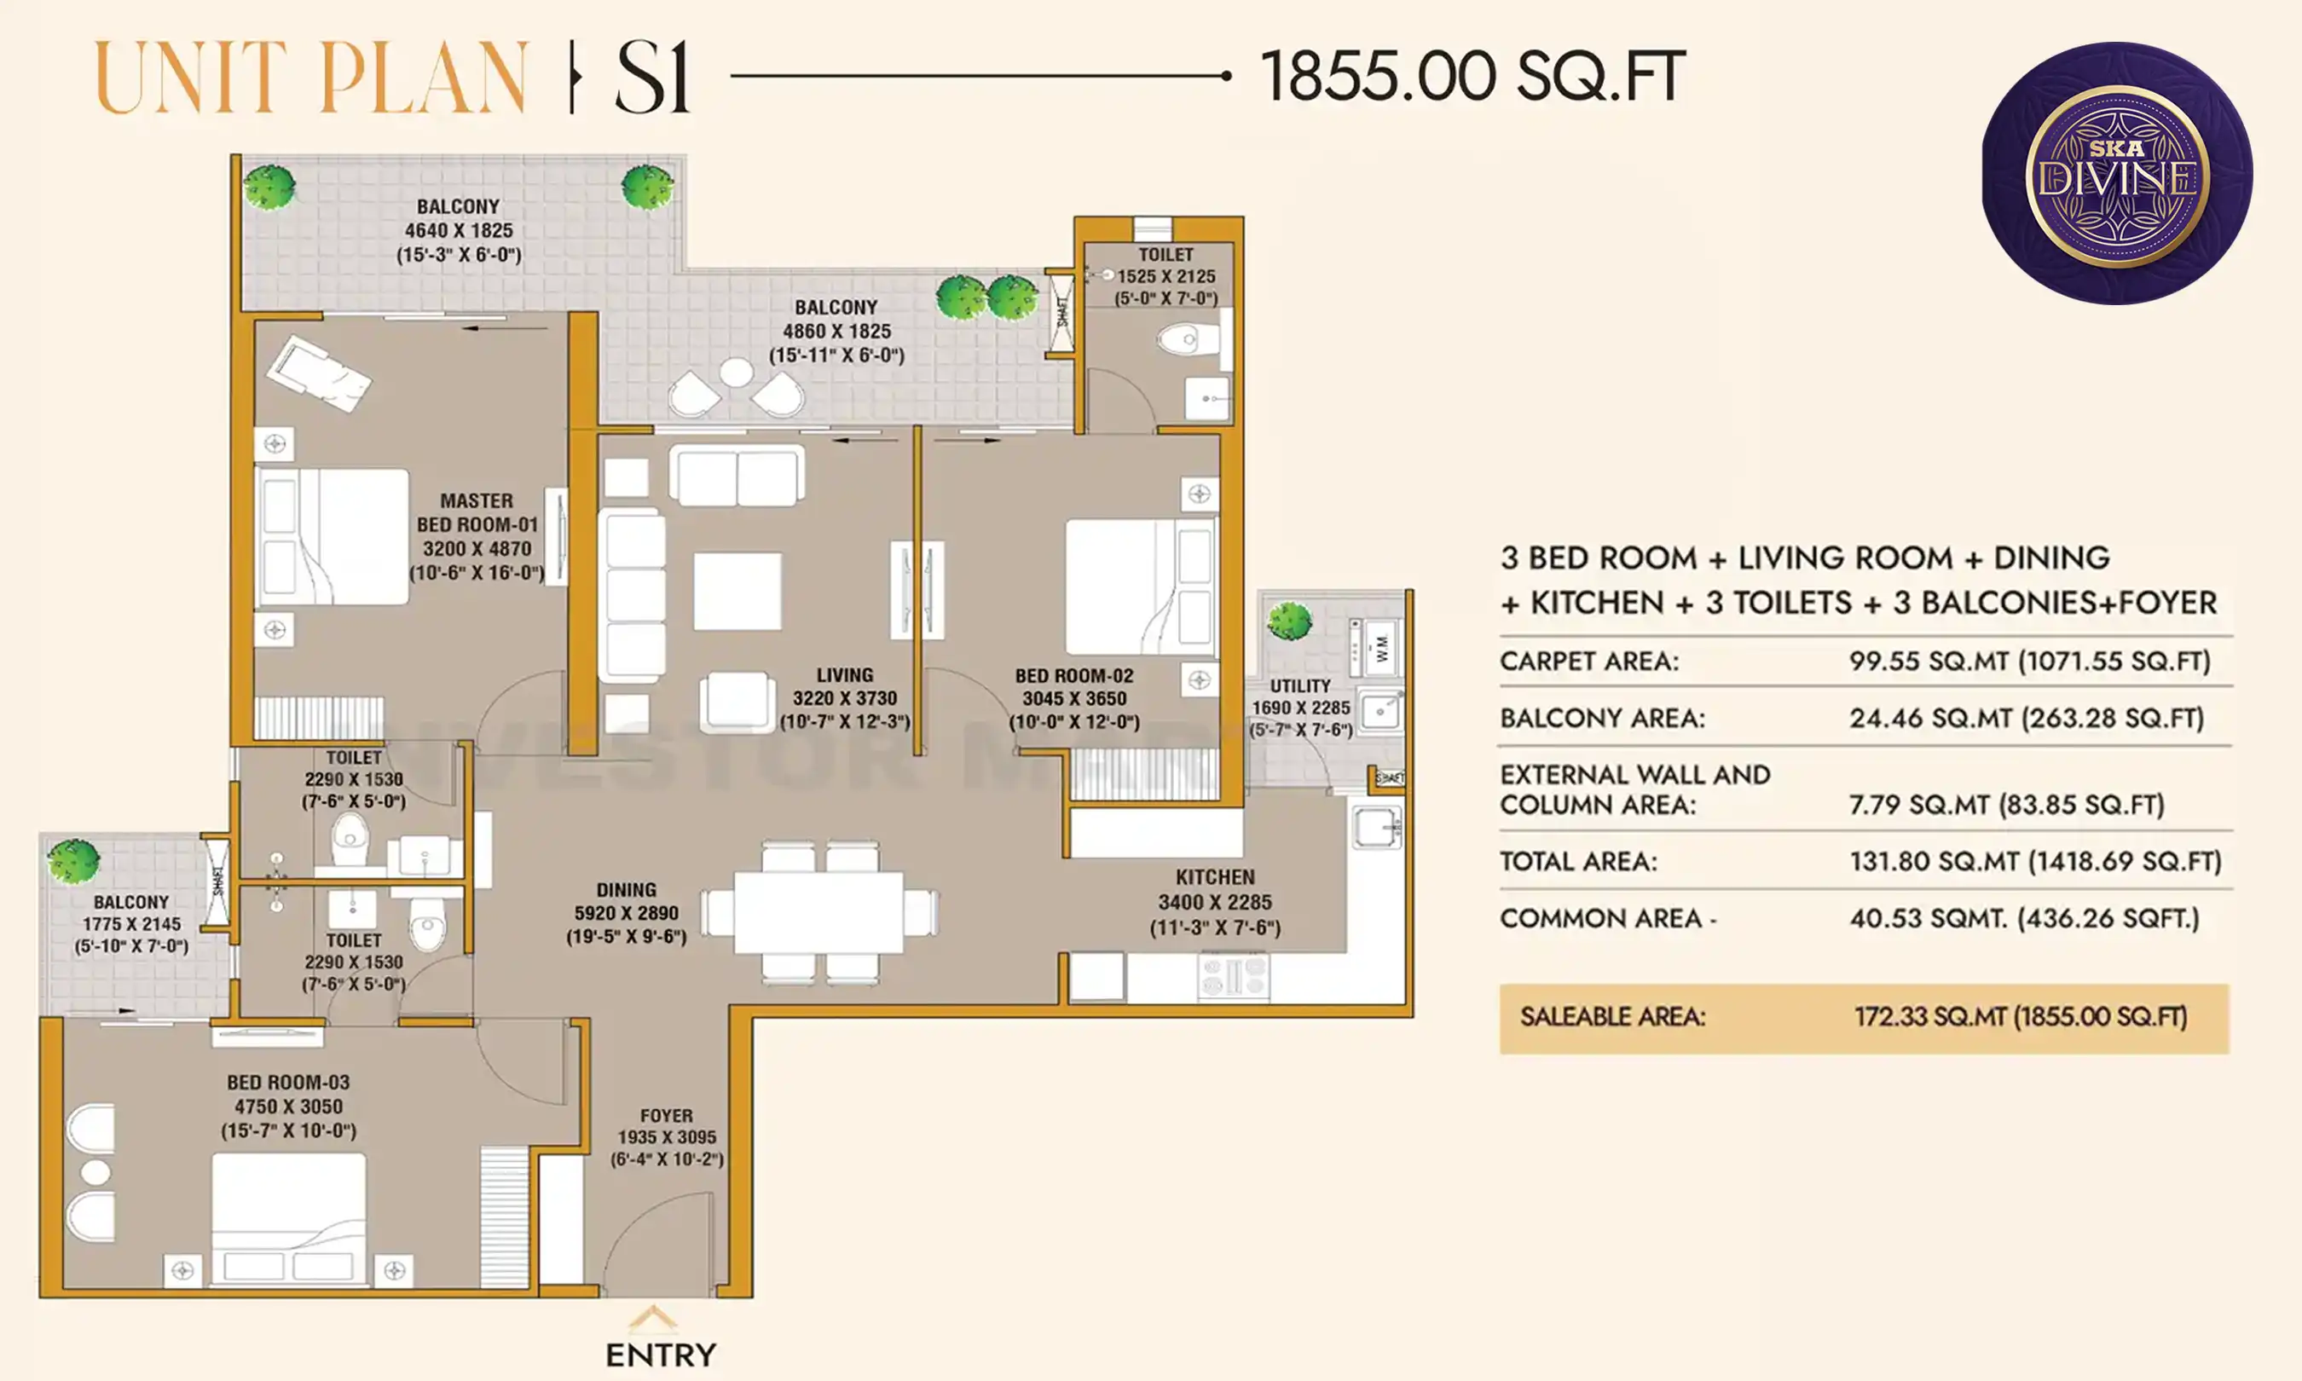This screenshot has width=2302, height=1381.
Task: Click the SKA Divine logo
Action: click(x=2116, y=174)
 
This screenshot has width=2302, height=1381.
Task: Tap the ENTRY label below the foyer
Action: click(x=661, y=1354)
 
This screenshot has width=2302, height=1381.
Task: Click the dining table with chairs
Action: click(x=818, y=913)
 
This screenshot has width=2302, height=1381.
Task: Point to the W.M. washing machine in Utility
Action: click(x=1379, y=646)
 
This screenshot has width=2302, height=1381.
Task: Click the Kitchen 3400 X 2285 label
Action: click(x=1214, y=902)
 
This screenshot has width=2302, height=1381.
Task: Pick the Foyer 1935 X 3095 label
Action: click(x=666, y=1136)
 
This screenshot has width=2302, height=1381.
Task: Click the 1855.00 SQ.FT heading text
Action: click(x=1472, y=77)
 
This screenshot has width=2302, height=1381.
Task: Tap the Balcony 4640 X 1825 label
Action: click(x=458, y=230)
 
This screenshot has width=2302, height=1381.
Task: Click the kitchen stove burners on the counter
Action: click(x=1233, y=976)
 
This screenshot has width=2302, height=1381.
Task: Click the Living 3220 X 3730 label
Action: click(x=844, y=698)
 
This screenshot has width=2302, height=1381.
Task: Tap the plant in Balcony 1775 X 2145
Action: click(x=73, y=860)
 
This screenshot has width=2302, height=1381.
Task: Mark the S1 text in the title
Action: click(x=652, y=78)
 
